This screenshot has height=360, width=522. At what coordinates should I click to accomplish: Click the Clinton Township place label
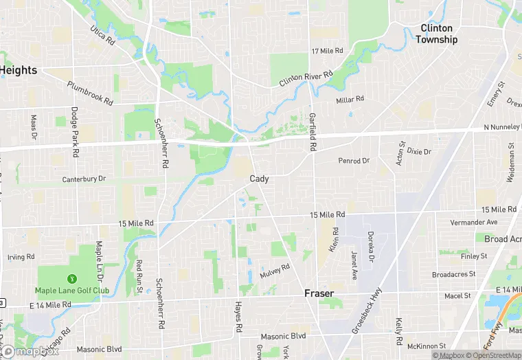tap(436, 34)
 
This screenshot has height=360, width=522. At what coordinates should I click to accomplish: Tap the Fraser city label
tap(319, 293)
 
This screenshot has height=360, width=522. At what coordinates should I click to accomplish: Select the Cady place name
tap(259, 179)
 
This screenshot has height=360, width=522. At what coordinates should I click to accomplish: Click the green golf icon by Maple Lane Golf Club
tap(71, 279)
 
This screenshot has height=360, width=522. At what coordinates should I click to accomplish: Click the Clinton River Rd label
tap(306, 78)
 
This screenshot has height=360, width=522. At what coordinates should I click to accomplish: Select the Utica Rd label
tap(102, 36)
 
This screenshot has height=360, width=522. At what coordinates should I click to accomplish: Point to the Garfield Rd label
tap(312, 133)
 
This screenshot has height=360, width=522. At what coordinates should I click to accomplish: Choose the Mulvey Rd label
tap(275, 271)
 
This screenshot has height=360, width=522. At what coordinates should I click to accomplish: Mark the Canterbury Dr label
tap(84, 179)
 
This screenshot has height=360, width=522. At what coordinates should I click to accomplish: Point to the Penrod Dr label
tap(354, 161)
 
